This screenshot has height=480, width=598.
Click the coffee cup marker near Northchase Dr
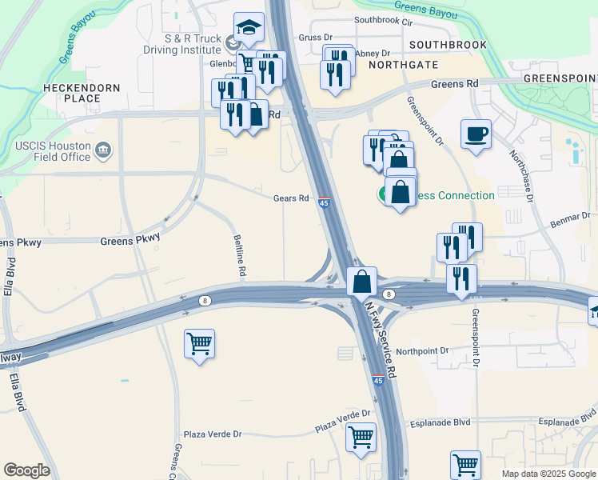476,134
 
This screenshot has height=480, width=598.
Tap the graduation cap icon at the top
249,29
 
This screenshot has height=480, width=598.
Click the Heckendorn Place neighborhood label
82,93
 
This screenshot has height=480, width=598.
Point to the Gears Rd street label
291,198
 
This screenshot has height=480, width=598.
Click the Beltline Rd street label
239,256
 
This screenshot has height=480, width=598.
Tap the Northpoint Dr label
423,350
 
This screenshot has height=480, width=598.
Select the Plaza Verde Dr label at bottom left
213,434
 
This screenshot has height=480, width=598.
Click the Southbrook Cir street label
387,19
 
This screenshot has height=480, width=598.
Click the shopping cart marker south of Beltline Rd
199,345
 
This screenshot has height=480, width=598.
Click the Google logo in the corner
26,470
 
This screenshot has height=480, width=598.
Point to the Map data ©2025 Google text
548,474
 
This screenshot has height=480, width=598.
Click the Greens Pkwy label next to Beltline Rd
130,239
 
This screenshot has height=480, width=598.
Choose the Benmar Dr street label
570,217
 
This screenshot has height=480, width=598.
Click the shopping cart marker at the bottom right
465,464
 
